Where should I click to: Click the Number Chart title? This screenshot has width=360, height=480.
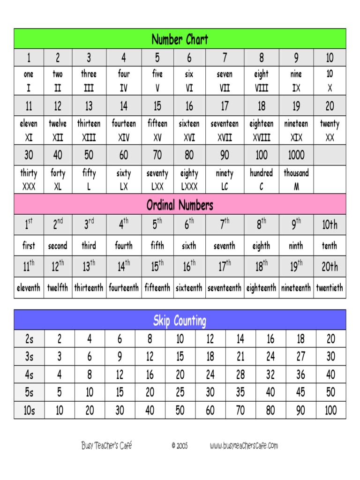(x=180, y=39)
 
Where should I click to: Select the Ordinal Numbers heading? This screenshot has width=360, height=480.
(x=180, y=205)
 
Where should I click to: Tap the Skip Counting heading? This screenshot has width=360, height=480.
(x=180, y=321)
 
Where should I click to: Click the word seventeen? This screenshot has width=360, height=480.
(x=225, y=124)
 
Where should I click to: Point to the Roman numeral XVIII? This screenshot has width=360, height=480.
(x=262, y=138)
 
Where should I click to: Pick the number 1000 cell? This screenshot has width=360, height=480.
(x=296, y=155)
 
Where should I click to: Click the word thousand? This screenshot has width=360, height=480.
(x=296, y=173)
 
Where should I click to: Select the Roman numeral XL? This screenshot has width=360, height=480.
(x=58, y=187)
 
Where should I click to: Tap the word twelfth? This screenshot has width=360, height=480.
(x=58, y=288)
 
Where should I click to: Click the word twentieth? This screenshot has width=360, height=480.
(x=329, y=288)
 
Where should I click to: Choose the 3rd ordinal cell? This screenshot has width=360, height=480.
(x=89, y=225)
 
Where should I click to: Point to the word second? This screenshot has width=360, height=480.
(x=58, y=246)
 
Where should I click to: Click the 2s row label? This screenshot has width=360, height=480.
(x=29, y=339)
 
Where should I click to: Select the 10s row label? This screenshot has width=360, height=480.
(x=29, y=411)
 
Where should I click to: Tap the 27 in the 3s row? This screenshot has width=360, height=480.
(x=300, y=357)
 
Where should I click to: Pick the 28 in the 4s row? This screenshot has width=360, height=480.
(x=240, y=375)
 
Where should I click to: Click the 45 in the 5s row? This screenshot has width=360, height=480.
(x=300, y=392)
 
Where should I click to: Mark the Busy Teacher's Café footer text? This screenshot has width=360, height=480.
(x=106, y=446)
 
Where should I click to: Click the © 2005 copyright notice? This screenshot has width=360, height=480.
(x=180, y=446)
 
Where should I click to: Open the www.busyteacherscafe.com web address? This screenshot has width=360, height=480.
(x=244, y=446)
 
